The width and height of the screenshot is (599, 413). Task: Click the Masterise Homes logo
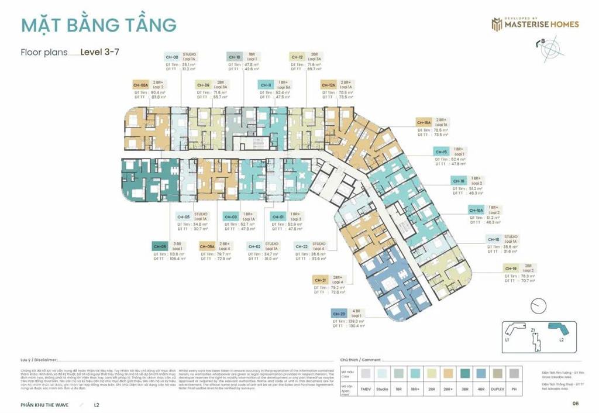tap(535, 24)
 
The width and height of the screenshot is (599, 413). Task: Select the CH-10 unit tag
tap(234, 57)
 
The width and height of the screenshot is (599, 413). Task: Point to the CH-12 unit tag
tap(297, 57)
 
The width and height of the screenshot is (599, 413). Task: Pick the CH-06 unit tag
tap(159, 246)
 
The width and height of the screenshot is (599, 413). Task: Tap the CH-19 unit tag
tap(511, 269)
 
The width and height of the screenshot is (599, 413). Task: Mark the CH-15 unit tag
tap(441, 152)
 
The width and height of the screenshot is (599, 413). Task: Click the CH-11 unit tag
tap(266, 84)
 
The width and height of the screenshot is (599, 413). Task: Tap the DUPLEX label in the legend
tap(498, 388)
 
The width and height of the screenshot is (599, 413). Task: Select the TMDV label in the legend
tap(366, 388)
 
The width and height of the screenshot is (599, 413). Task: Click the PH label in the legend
tap(514, 388)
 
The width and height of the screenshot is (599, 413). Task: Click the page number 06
tap(575, 403)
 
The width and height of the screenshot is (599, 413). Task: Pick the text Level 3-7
tap(100, 51)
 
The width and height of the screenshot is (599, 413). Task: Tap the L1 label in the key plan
tap(507, 340)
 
